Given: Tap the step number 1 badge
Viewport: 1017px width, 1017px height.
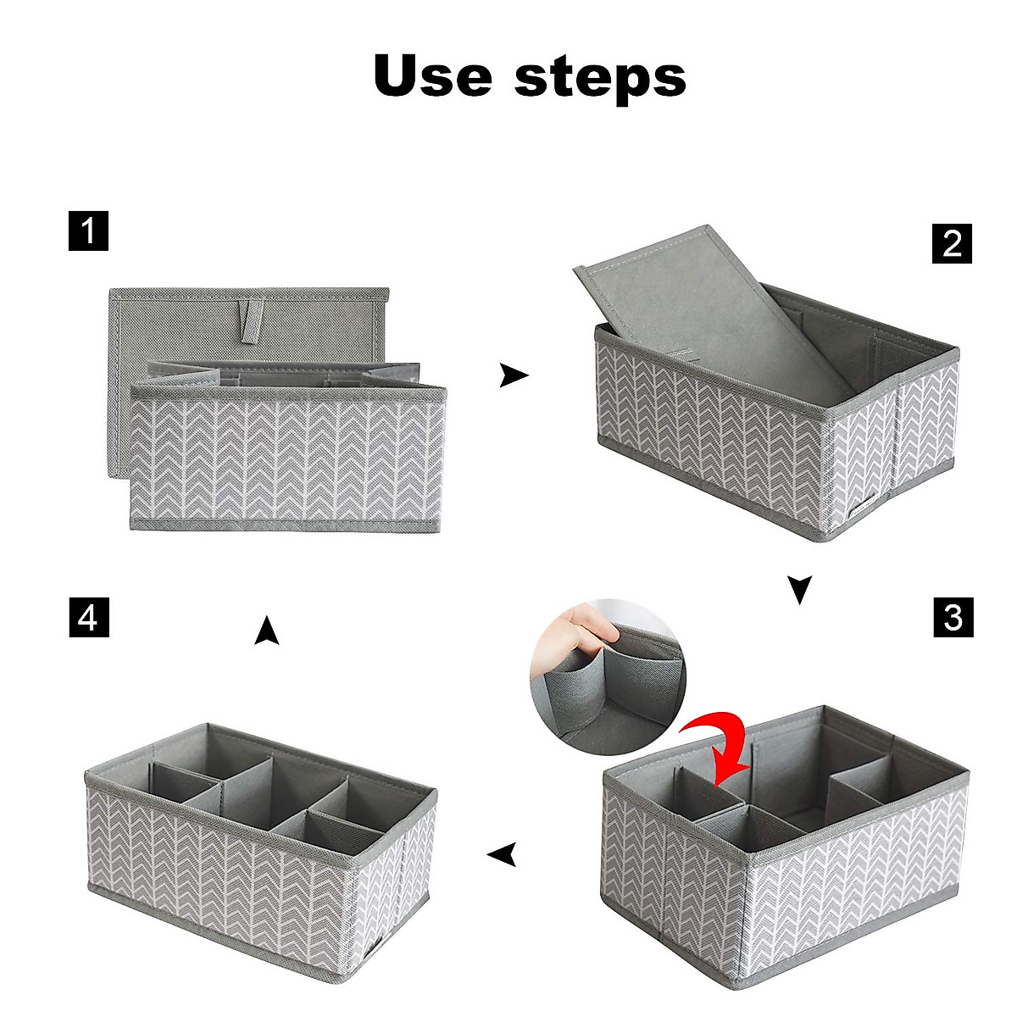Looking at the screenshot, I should [88, 231].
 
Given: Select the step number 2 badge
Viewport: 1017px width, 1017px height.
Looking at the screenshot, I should [952, 243].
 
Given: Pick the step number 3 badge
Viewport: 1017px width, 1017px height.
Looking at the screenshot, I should [953, 616].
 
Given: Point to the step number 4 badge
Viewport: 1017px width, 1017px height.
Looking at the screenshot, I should [88, 616].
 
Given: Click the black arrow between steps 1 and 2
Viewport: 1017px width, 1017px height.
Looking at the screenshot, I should [513, 375].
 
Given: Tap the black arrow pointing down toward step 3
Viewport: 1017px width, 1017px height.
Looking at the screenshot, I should [799, 589].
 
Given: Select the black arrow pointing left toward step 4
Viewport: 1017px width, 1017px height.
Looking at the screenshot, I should [503, 855].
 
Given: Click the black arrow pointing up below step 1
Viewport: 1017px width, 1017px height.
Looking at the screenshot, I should [267, 630].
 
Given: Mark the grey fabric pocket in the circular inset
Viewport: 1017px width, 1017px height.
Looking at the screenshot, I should [585, 686].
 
